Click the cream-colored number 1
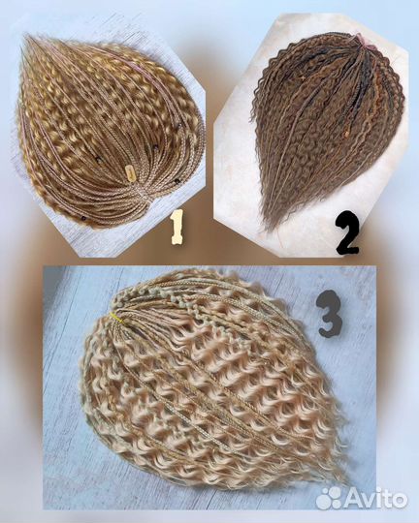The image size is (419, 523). (177, 231)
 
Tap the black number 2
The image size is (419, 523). (347, 233)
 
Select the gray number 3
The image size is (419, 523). (330, 313)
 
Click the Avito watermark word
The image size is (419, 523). (376, 499)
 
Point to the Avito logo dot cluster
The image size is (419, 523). (329, 499)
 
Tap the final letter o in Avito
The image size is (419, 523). (401, 501)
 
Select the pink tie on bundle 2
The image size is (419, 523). (366, 40)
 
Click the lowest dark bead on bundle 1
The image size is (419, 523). (83, 218)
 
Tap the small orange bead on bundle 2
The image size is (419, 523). (347, 134)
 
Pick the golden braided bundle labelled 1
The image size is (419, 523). (111, 134)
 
